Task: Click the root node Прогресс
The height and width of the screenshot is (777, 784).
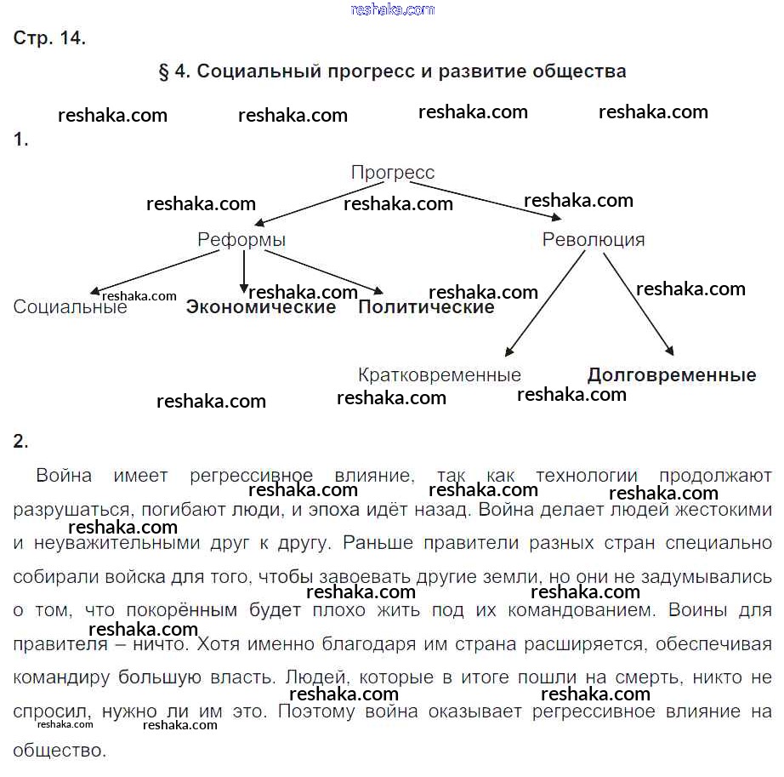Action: pyautogui.click(x=392, y=173)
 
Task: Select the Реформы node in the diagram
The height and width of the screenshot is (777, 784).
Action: pyautogui.click(x=241, y=240)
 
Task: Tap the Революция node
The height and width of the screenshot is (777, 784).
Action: pyautogui.click(x=594, y=240)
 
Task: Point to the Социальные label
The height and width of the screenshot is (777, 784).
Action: pyautogui.click(x=70, y=307)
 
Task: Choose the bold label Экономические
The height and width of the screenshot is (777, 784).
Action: pyautogui.click(x=261, y=307)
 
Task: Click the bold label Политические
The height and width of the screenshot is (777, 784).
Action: pyautogui.click(x=426, y=307)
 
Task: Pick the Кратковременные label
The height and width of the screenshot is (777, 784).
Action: pyautogui.click(x=440, y=375)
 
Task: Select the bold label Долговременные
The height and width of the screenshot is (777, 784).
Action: pyautogui.click(x=672, y=375)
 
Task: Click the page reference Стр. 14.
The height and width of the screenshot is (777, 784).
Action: pyautogui.click(x=49, y=39)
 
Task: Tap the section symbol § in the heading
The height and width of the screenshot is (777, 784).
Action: pyautogui.click(x=163, y=71)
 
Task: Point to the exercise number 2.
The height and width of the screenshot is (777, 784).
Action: pyautogui.click(x=20, y=441)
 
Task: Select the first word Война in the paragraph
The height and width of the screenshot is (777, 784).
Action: pyautogui.click(x=64, y=476)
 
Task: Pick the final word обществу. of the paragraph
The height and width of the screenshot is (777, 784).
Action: pyautogui.click(x=60, y=751)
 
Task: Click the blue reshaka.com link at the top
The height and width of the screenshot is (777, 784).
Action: pyautogui.click(x=392, y=9)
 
